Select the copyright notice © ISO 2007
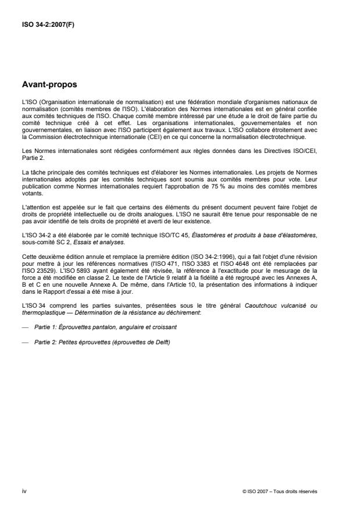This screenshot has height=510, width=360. pos(256,491)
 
